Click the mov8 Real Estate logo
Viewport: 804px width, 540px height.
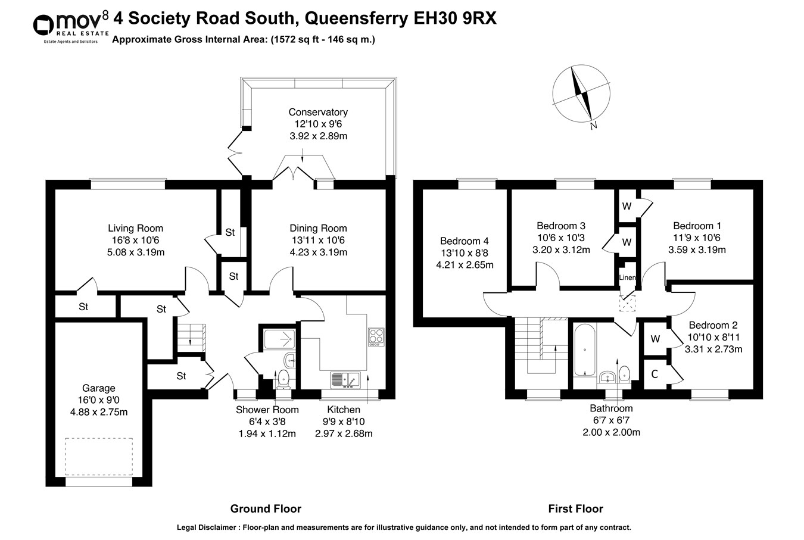70,26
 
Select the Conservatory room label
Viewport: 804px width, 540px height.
317,112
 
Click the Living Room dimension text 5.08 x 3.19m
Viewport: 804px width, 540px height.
135,252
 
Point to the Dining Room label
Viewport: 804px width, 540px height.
318,228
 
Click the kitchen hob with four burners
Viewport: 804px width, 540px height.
376,336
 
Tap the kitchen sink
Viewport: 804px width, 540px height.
345,379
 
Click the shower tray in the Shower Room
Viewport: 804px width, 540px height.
278,336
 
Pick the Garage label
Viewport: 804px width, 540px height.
99,388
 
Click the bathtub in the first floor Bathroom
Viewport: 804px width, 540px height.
585,349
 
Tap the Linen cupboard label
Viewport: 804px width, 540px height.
627,278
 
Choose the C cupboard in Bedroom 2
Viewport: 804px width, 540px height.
654,374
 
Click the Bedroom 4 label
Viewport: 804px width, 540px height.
464,241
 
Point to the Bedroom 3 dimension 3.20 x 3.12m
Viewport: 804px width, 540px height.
561,250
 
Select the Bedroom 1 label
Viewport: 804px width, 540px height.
697,226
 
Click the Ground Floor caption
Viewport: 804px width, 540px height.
266,508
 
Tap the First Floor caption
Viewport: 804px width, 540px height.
575,508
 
